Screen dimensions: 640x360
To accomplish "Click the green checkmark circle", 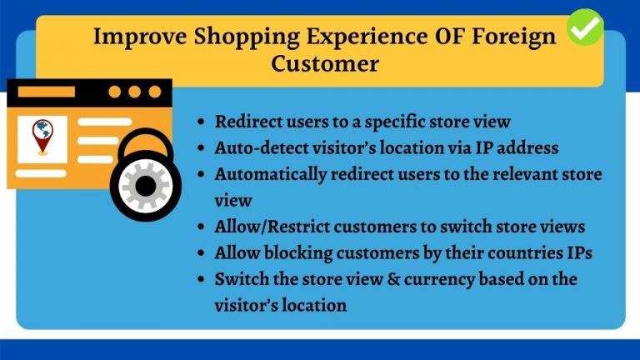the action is [585, 27].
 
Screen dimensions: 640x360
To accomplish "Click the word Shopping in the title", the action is [247, 37].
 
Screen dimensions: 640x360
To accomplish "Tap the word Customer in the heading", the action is [325, 64].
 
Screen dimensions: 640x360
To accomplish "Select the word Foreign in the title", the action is [514, 37].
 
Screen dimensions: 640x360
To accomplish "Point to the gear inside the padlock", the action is [145, 186].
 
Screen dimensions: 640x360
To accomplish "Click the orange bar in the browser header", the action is [47, 92].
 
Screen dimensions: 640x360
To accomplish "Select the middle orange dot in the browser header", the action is [135, 92].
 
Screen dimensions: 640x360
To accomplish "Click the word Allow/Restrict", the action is [272, 227].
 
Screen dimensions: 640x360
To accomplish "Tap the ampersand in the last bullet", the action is [393, 279].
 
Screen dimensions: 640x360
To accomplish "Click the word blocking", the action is [298, 253].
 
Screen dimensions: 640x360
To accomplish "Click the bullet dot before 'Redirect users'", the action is [200, 122].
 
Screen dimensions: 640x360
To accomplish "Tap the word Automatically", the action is [271, 175].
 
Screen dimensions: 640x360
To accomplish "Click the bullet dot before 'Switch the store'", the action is [200, 279].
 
